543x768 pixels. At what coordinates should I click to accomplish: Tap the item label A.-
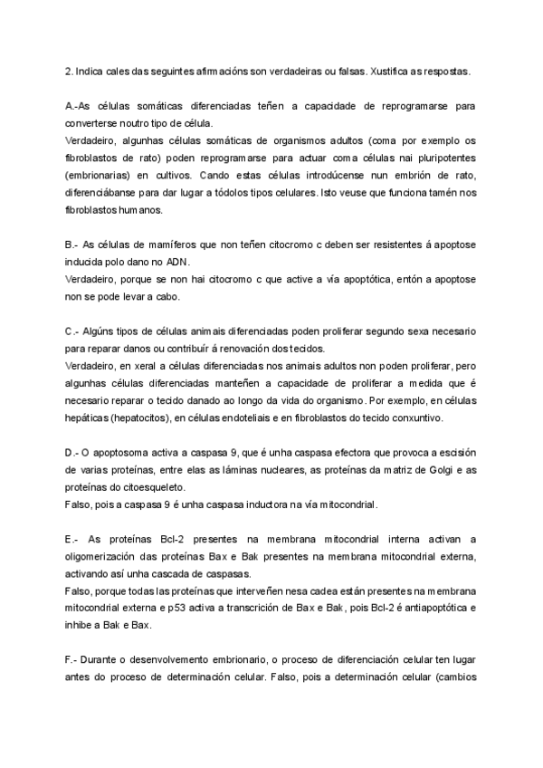(x=75, y=107)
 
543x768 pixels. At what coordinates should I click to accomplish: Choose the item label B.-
(x=74, y=245)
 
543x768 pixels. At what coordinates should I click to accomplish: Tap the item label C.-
(x=75, y=332)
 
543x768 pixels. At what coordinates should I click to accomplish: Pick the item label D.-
(x=75, y=454)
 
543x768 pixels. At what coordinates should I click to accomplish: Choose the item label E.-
(x=75, y=541)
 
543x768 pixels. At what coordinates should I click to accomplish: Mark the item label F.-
(x=74, y=662)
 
